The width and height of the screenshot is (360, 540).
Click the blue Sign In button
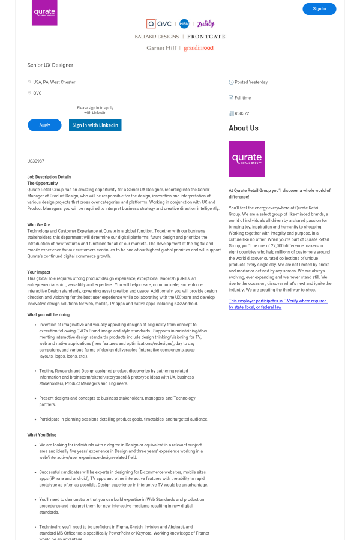pyautogui.click(x=319, y=9)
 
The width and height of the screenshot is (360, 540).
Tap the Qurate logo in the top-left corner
pyautogui.click(x=44, y=13)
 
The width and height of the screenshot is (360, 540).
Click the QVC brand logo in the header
pyautogui.click(x=160, y=24)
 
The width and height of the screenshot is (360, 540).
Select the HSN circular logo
pyautogui.click(x=184, y=24)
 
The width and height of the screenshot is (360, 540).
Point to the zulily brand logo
pyautogui.click(x=205, y=24)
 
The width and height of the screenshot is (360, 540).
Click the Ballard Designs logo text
pyautogui.click(x=157, y=37)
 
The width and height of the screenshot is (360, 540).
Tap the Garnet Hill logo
pyautogui.click(x=161, y=48)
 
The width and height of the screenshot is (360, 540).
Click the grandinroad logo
pyautogui.click(x=199, y=48)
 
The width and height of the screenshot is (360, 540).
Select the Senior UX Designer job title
pyautogui.click(x=50, y=65)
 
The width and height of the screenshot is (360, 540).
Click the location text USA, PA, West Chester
pyautogui.click(x=54, y=82)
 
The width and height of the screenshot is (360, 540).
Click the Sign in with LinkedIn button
pyautogui.click(x=95, y=125)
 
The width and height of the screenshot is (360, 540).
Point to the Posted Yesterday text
pyautogui.click(x=251, y=82)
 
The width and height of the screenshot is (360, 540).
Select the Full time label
pyautogui.click(x=242, y=98)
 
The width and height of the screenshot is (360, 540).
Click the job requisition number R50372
pyautogui.click(x=242, y=113)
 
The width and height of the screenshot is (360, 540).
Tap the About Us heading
pyautogui.click(x=244, y=128)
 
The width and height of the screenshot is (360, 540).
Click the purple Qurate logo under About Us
pyautogui.click(x=247, y=159)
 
